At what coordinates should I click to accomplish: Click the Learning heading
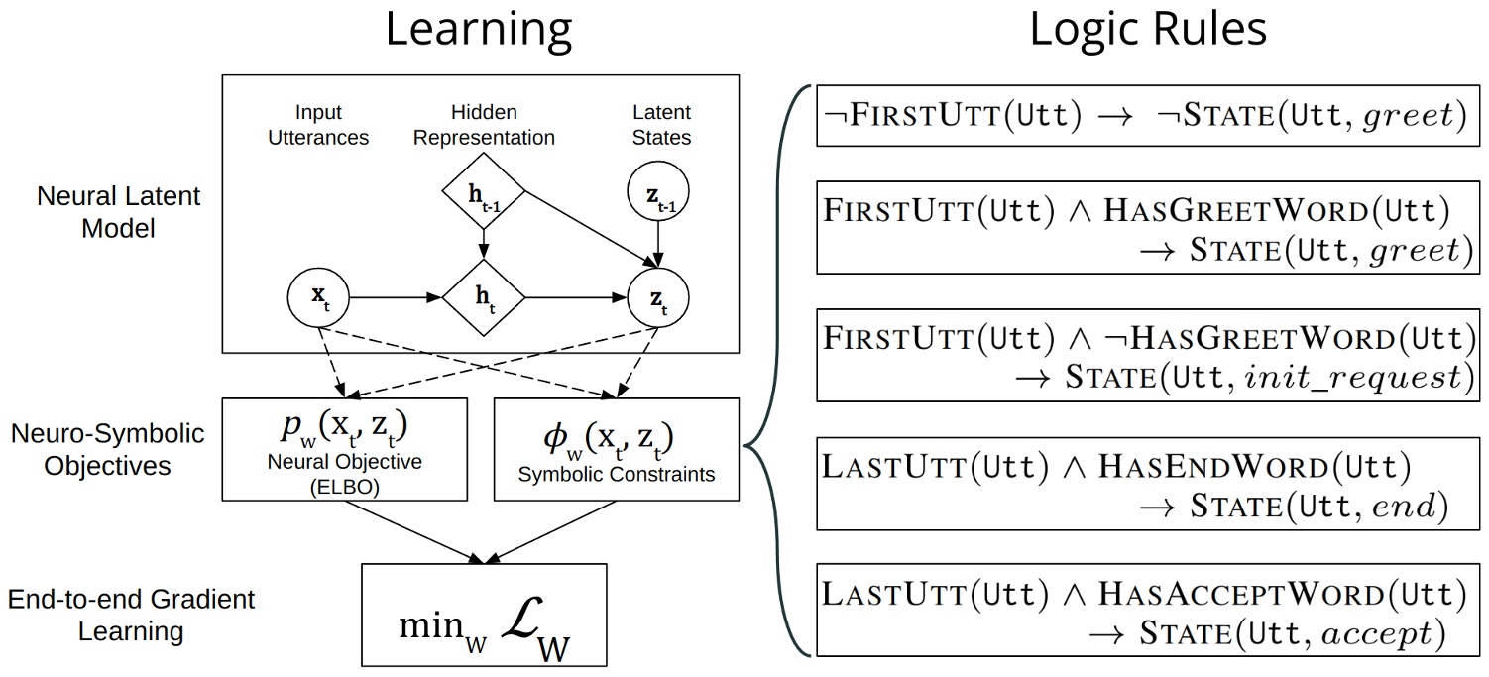click(478, 31)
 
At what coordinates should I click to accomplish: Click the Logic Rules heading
click(1148, 31)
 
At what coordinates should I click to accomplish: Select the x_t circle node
click(317, 297)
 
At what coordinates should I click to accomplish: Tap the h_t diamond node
click(483, 297)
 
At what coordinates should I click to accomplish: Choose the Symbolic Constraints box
click(616, 448)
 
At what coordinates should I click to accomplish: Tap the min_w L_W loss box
click(484, 615)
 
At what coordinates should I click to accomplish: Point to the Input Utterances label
click(318, 125)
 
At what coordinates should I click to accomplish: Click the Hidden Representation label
click(484, 125)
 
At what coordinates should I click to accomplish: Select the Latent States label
click(661, 125)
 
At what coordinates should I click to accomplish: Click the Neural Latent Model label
click(119, 211)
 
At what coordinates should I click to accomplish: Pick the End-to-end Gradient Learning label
click(131, 615)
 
